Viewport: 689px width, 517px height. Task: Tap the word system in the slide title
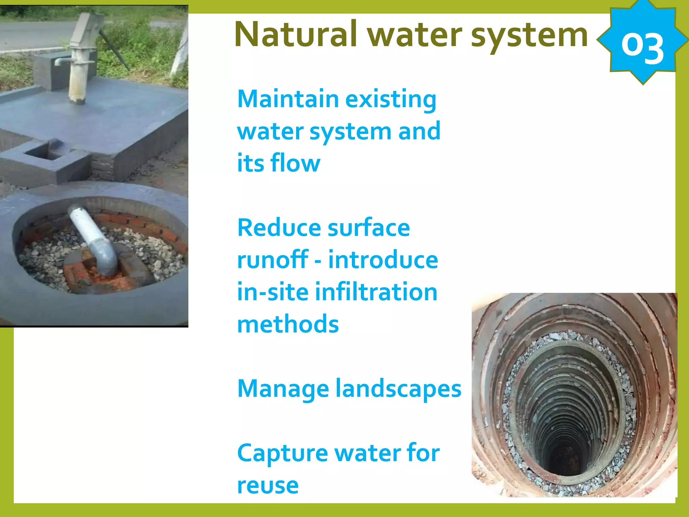click(529, 35)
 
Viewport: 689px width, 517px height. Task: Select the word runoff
click(273, 260)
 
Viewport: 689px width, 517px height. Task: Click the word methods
click(288, 324)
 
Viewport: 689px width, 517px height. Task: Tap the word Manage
click(283, 389)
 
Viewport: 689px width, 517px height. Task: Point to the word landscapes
click(399, 389)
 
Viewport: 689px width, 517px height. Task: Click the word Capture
click(282, 453)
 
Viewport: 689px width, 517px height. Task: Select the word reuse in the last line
click(268, 485)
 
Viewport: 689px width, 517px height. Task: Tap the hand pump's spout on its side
click(61, 62)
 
